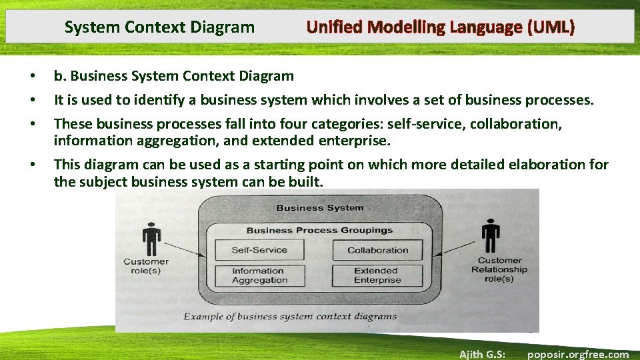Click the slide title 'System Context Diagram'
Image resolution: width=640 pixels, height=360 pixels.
(x=159, y=27)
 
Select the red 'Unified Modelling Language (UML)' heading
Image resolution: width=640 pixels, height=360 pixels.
(x=440, y=27)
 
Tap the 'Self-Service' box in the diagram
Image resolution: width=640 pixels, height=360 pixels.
(x=259, y=250)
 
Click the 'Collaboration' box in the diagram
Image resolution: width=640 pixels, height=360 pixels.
(x=377, y=250)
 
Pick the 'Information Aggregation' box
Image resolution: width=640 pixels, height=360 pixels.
(x=259, y=275)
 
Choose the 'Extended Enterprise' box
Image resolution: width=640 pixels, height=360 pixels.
(x=377, y=275)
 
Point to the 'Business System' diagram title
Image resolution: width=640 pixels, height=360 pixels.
(x=319, y=207)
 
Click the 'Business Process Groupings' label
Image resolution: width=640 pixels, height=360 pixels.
(x=319, y=230)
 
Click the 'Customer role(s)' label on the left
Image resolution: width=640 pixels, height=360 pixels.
(x=146, y=266)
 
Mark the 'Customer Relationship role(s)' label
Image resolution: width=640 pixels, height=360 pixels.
(x=499, y=269)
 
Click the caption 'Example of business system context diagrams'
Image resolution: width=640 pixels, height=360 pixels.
(x=290, y=317)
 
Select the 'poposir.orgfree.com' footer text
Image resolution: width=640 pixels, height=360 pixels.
(x=577, y=354)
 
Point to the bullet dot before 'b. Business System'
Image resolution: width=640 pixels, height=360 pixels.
(x=33, y=77)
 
